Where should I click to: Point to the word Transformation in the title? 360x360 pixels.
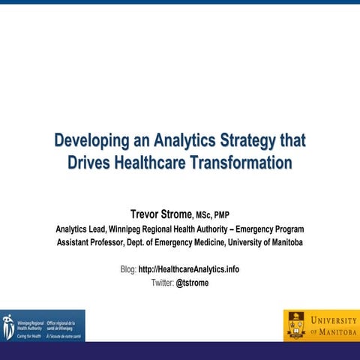pos(248,162)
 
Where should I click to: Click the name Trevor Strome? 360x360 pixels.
pos(161,214)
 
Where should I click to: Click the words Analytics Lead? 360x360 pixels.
pos(84,229)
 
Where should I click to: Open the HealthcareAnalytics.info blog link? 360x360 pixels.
pos(188,269)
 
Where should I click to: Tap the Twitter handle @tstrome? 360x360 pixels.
pos(192,283)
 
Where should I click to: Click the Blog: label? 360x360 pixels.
pos(128,269)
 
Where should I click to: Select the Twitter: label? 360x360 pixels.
pos(162,283)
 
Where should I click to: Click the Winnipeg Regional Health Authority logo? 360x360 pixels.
pos(43,325)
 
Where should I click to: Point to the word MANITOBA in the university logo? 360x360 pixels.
pos(334,331)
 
